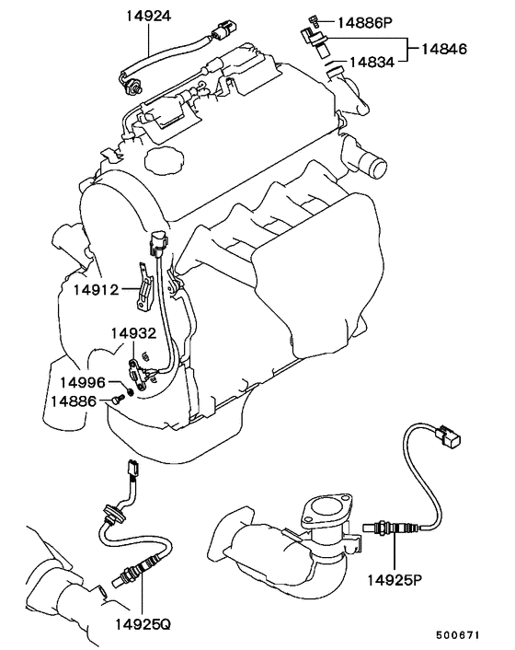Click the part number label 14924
pos(148,16)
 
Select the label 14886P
pos(365,22)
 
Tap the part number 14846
pos(444,49)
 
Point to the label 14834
pos(372,63)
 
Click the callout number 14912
pos(96,289)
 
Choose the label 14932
pos(133,333)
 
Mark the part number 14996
pos(83,382)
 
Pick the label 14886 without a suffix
pos(74,400)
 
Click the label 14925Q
pos(143,624)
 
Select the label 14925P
pos(395,580)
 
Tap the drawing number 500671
pos(457,634)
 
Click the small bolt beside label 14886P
pos(314,20)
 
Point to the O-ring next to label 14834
pos(330,64)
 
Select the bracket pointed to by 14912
pos(143,287)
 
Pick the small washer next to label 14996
pos(131,391)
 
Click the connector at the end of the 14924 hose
pos(223,29)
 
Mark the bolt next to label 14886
pos(119,399)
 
